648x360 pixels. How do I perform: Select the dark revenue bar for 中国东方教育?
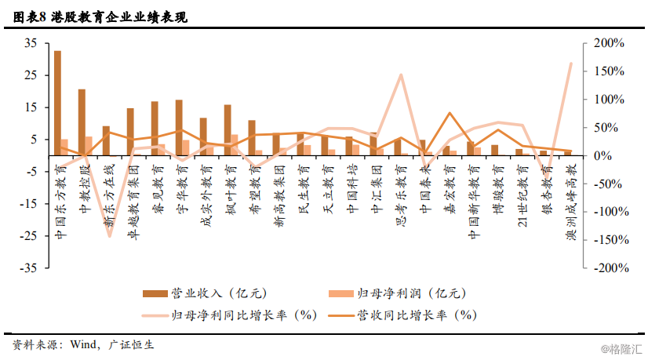[57, 103]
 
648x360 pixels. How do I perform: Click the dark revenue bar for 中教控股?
[82, 122]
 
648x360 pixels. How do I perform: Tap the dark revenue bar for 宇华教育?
[179, 127]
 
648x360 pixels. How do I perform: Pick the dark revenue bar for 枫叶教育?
[228, 129]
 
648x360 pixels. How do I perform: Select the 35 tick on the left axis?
[31, 43]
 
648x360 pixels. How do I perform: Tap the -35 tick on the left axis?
[28, 267]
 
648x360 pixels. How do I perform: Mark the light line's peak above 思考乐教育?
[401, 75]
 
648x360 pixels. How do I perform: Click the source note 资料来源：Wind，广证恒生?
[83, 345]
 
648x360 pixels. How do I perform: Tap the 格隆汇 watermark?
[621, 347]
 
